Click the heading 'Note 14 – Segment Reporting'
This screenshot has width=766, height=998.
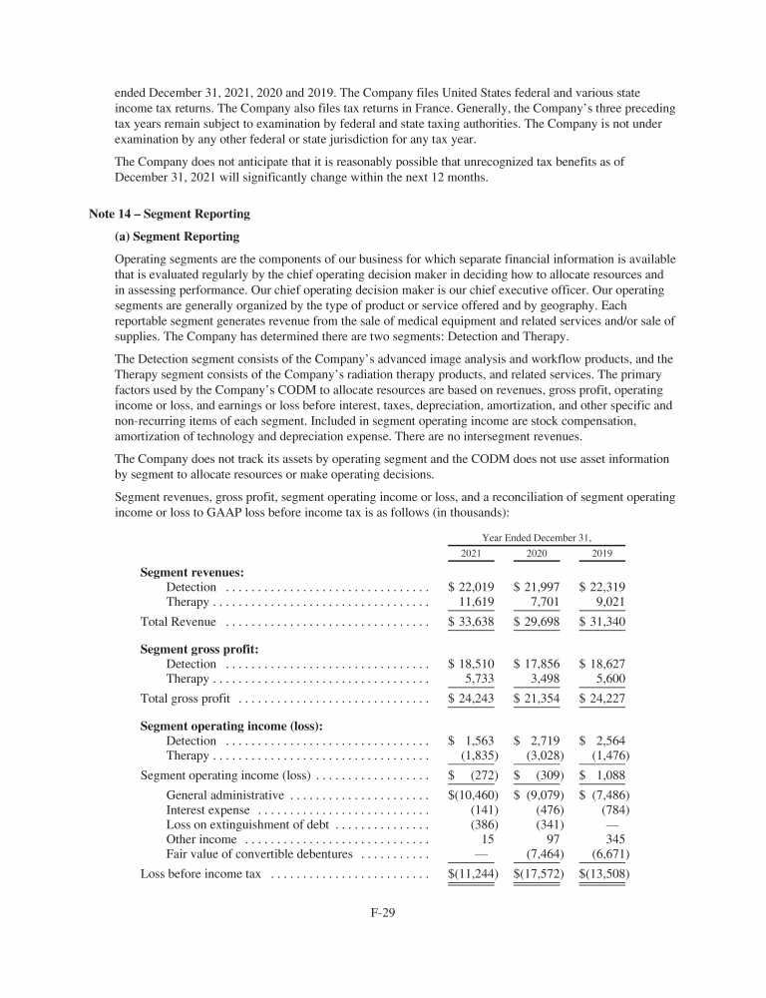170,214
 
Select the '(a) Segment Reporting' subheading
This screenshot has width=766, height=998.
179,238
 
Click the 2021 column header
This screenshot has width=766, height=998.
472,552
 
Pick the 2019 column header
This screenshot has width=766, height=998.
601,552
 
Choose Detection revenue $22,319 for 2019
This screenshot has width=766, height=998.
601,587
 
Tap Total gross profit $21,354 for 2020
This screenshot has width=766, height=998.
537,699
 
